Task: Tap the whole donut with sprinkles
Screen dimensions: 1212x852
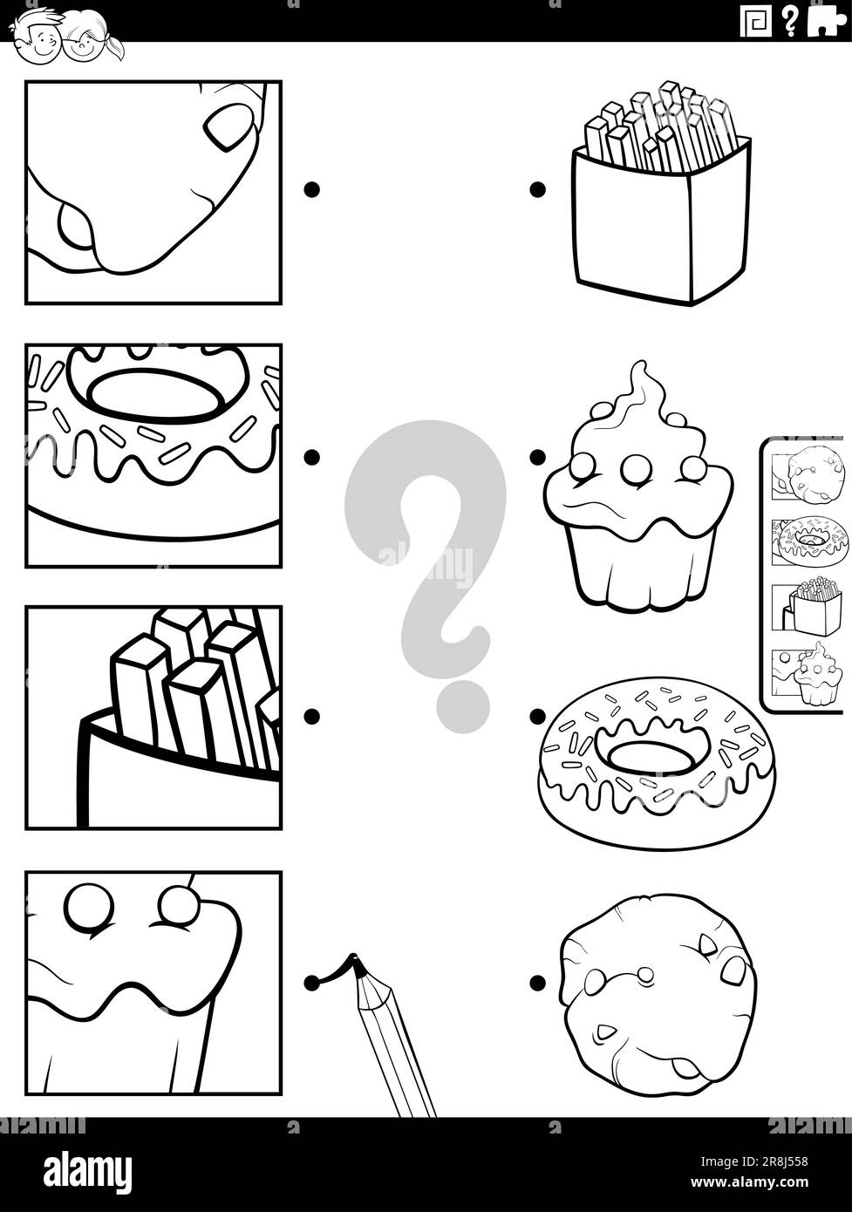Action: pyautogui.click(x=656, y=763)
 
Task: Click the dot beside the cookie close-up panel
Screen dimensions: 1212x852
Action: pyautogui.click(x=311, y=189)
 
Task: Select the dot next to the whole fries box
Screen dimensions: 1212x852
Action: pyautogui.click(x=537, y=189)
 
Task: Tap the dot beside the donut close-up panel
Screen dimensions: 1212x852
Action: pyautogui.click(x=311, y=456)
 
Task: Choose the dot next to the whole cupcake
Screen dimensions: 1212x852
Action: pyautogui.click(x=537, y=456)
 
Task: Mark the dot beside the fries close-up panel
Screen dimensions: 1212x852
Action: pyautogui.click(x=311, y=717)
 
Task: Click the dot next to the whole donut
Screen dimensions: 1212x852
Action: pyautogui.click(x=537, y=717)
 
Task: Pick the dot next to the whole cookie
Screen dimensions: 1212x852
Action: pyautogui.click(x=537, y=983)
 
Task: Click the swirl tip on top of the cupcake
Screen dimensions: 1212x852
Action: pyautogui.click(x=641, y=371)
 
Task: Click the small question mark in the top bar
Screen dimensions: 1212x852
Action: pyautogui.click(x=790, y=21)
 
